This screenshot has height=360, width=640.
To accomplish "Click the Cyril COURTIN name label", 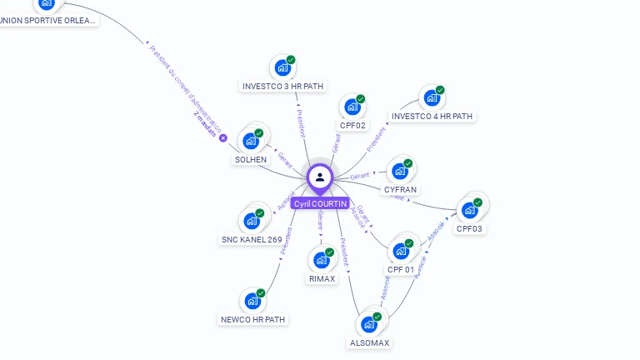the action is click(x=320, y=203).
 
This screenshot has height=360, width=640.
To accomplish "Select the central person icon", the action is click(x=320, y=177).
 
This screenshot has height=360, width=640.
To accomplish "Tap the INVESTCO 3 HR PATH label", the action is click(x=283, y=86).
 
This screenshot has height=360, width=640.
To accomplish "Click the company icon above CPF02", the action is click(x=352, y=107).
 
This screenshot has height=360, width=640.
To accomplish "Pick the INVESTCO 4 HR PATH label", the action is click(x=432, y=117).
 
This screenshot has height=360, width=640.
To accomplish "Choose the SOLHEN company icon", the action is click(x=250, y=141).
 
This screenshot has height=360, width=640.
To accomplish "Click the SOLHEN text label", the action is click(x=251, y=160).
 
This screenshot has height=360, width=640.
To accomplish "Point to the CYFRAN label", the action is click(x=400, y=190).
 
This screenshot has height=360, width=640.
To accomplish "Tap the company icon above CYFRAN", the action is click(x=401, y=171).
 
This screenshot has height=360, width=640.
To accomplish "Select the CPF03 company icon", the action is click(x=470, y=210).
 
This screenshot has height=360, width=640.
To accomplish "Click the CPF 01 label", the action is click(x=401, y=270).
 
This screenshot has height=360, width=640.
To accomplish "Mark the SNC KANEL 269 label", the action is click(x=252, y=240).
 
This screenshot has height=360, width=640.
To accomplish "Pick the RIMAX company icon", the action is click(x=322, y=260).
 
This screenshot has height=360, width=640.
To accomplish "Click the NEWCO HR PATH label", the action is click(x=253, y=319).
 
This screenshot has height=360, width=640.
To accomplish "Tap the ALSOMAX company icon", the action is click(x=369, y=324).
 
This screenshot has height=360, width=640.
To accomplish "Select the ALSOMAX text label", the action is click(x=370, y=343).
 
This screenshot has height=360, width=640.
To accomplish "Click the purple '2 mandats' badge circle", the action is click(x=223, y=137).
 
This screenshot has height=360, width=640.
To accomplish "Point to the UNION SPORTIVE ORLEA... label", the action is click(x=47, y=21).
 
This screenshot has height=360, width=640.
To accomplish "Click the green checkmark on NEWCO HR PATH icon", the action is click(x=261, y=293).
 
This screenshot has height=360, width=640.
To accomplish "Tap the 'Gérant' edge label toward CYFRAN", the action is click(x=360, y=176).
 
